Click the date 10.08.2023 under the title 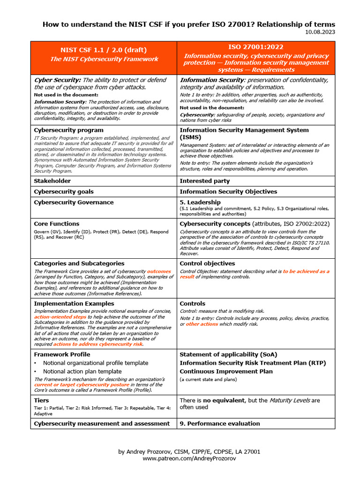[x=320, y=32]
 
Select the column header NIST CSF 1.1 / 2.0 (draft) [x=104, y=50]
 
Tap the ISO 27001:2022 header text [x=256, y=47]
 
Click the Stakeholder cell [x=52, y=181]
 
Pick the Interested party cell [x=205, y=181]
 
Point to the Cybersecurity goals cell [x=64, y=192]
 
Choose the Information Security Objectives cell [x=228, y=192]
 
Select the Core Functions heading [x=57, y=224]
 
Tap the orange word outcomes [x=159, y=271]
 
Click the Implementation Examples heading [x=74, y=304]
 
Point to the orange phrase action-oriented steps [x=60, y=317]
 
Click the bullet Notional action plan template [x=82, y=371]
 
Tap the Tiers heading [x=41, y=401]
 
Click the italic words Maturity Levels [x=289, y=401]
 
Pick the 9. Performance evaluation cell [x=219, y=424]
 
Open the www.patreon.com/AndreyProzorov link [x=189, y=458]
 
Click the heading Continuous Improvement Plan [x=226, y=371]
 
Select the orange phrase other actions [x=202, y=324]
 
